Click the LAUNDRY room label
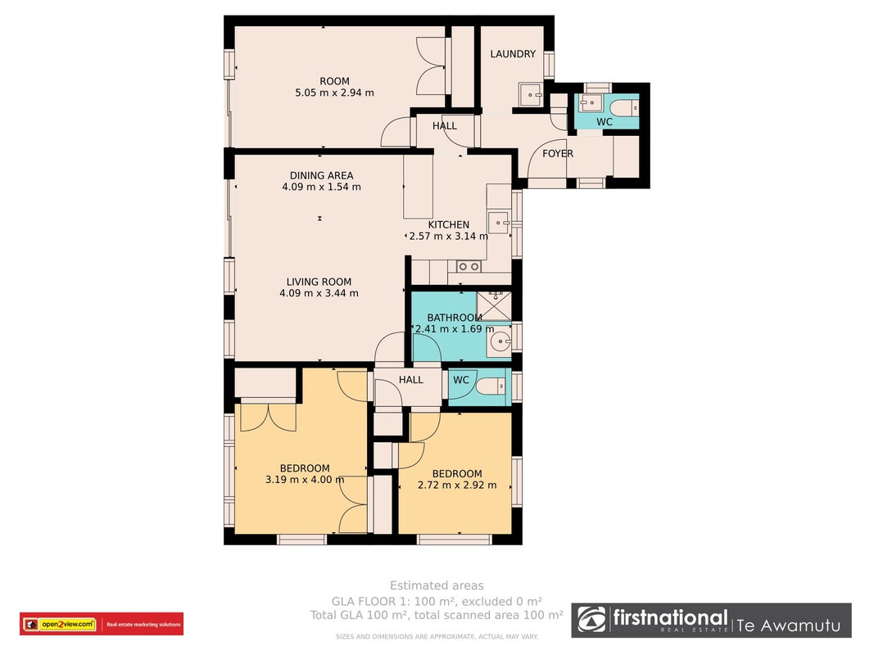pos(513,54)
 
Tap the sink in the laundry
pos(530,95)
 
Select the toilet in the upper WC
pos(624,107)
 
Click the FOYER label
pos(557,154)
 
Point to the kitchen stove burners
pos(469,267)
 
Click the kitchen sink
pos(499,223)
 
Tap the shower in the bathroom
pos(495,305)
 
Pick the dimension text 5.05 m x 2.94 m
pos(334,93)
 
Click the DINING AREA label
pos(322,175)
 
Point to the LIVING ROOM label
pos(319,282)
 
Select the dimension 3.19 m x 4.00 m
pos(305,480)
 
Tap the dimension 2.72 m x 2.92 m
pos(457,486)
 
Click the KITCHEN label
pos(449,224)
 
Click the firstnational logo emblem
pos(591,620)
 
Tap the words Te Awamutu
pos(789,626)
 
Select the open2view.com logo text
pos(67,625)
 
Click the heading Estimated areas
pos(437,585)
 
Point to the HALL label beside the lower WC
pos(411,380)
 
